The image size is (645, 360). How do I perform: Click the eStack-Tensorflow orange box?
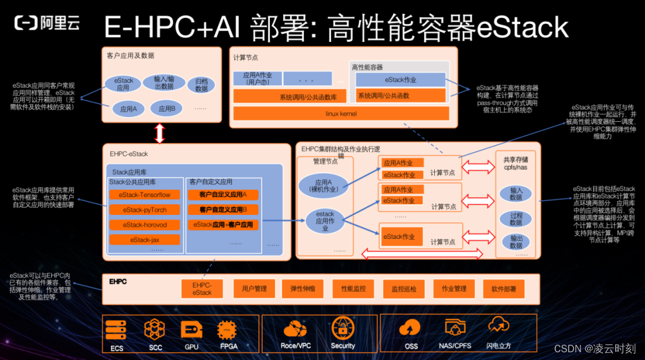tap(145, 195)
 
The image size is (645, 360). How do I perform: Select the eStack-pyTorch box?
tap(145, 210)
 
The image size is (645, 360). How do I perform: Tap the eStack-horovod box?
tap(145, 225)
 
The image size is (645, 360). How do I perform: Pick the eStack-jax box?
tap(145, 240)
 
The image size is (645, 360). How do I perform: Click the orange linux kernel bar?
tap(340, 113)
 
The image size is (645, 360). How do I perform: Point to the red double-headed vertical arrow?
tap(159, 133)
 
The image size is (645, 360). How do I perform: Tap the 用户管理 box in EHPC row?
tap(254, 289)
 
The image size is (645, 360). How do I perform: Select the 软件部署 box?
tap(503, 289)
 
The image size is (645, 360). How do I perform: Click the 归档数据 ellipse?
tap(201, 85)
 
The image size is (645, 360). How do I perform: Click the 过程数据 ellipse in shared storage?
tap(517, 219)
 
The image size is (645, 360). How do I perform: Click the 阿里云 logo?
tap(47, 23)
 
